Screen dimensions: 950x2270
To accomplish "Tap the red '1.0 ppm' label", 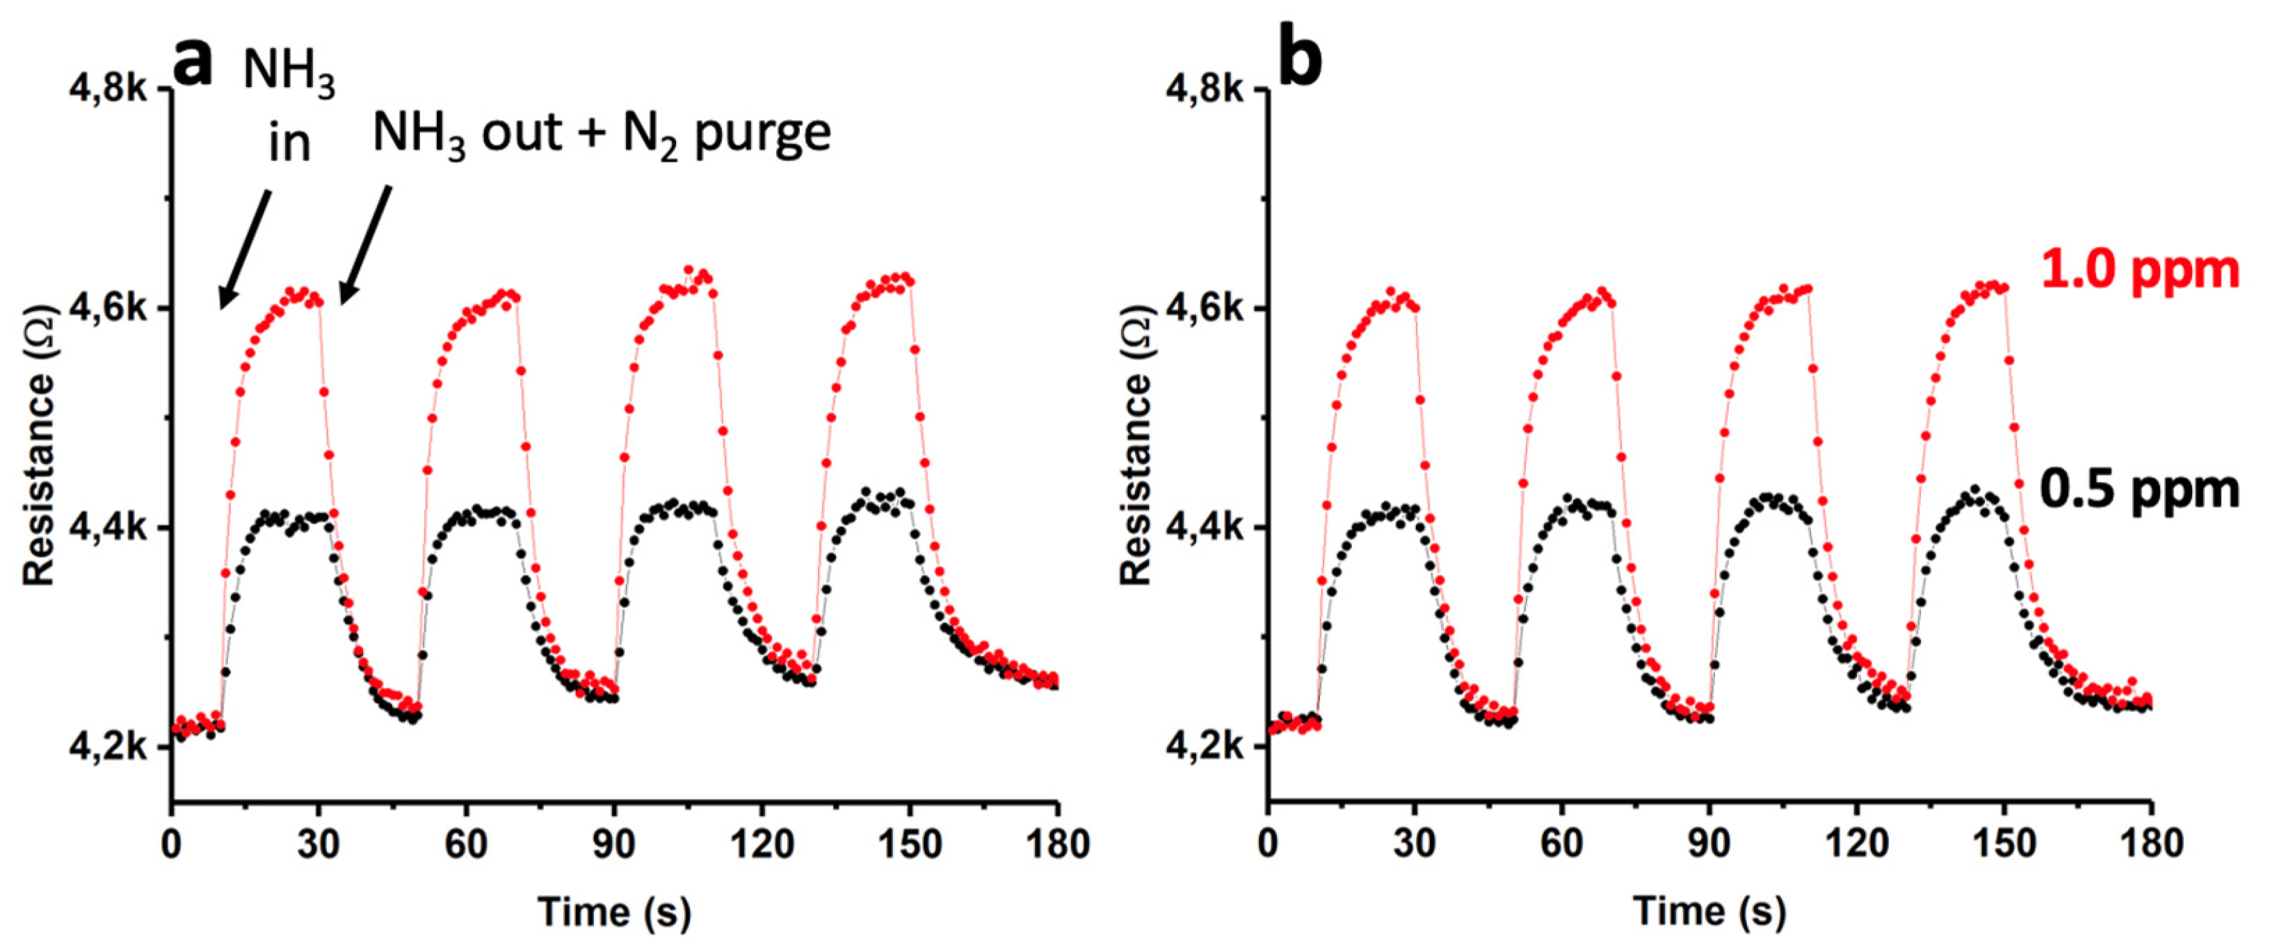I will click(x=2139, y=271).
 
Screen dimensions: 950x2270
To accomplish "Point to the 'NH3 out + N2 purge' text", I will click(x=601, y=135).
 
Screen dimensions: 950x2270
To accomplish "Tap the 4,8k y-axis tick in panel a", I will click(x=108, y=90).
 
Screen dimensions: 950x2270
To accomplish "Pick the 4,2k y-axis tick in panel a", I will click(x=108, y=748).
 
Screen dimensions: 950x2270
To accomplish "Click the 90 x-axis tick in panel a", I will click(x=613, y=844).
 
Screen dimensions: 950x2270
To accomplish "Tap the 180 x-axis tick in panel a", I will click(x=1056, y=844).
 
